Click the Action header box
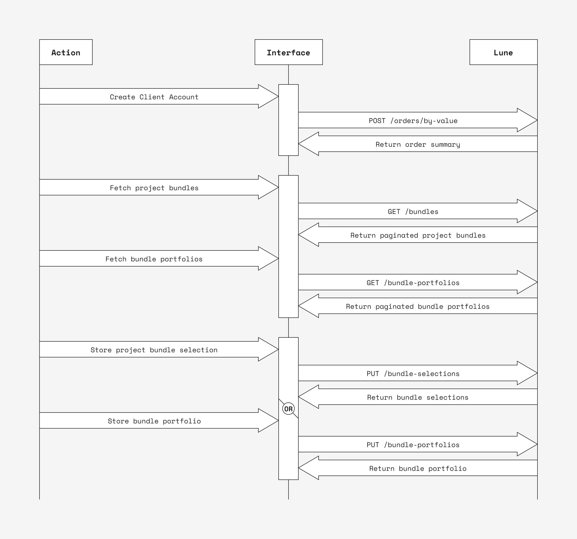(66, 52)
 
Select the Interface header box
(288, 52)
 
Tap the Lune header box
(503, 52)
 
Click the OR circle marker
(288, 409)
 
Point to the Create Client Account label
(154, 97)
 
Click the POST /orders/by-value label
(413, 121)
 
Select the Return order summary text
(418, 145)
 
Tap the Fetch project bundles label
(154, 188)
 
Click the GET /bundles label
(413, 212)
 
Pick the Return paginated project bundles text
(418, 235)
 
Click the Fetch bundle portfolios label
(154, 259)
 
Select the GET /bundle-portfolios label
(413, 283)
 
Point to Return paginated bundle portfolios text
(418, 307)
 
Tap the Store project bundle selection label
(154, 350)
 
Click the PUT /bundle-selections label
(413, 373)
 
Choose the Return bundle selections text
(418, 397)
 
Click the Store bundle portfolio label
(154, 421)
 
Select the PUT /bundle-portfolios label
(413, 445)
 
